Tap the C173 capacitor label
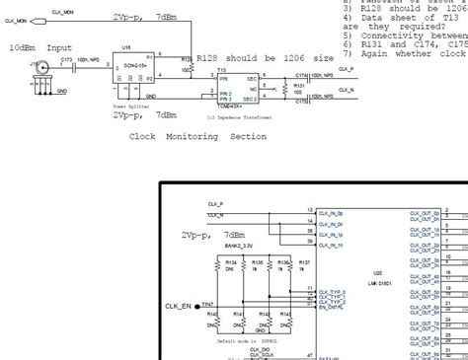66,60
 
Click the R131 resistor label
299,86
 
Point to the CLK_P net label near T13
349,70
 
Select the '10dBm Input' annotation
39,46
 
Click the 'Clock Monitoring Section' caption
197,136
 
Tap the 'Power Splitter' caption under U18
133,103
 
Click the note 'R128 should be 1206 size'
265,59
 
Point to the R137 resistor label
305,262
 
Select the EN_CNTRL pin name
331,307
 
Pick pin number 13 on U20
310,211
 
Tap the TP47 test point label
206,304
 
